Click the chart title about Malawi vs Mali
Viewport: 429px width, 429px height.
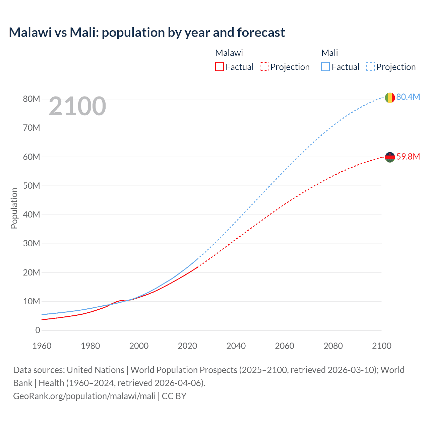tap(147, 33)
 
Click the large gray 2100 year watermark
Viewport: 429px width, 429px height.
tap(77, 106)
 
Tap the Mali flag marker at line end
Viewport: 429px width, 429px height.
tap(389, 98)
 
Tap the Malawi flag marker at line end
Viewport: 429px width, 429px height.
tap(389, 157)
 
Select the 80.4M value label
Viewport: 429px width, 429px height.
tap(408, 97)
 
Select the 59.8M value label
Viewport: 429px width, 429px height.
tap(408, 157)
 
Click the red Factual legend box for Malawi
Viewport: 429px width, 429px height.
tap(219, 67)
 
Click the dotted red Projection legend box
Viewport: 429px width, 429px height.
tap(264, 67)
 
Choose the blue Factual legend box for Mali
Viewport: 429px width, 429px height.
tap(325, 67)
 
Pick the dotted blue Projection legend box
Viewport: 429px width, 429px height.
tap(370, 67)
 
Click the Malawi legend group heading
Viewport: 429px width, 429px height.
tap(229, 53)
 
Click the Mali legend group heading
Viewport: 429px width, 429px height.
tap(329, 53)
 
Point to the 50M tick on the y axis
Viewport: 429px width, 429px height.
tap(32, 186)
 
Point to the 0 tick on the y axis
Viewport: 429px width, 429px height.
tap(38, 330)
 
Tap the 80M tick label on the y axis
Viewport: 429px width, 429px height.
tap(32, 99)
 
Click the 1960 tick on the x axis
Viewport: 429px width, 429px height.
tap(42, 346)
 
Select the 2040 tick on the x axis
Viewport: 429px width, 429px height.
tap(236, 346)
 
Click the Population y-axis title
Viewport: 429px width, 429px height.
tap(14, 208)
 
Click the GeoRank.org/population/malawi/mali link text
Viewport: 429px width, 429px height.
tap(84, 396)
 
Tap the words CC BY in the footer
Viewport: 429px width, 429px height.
tap(174, 396)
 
